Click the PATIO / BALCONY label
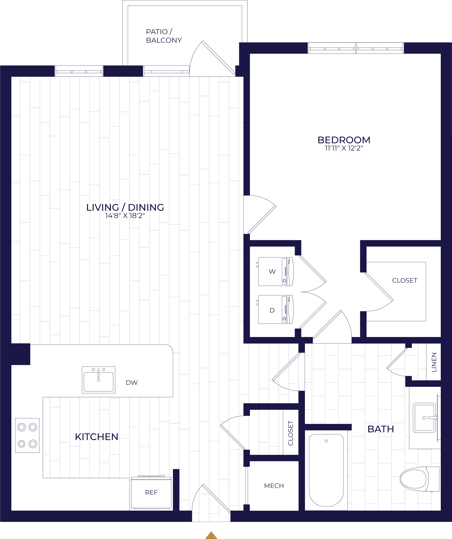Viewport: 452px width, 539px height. (x=164, y=36)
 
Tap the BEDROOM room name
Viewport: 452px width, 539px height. (x=344, y=140)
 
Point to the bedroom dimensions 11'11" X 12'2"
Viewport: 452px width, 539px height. (x=344, y=148)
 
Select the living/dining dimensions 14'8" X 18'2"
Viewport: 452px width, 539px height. (x=125, y=216)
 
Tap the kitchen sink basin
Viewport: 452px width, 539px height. (x=99, y=380)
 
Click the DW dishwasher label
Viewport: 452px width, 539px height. (x=132, y=383)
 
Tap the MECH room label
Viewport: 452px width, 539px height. (x=274, y=486)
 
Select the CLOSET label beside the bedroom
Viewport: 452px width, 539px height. (x=405, y=281)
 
